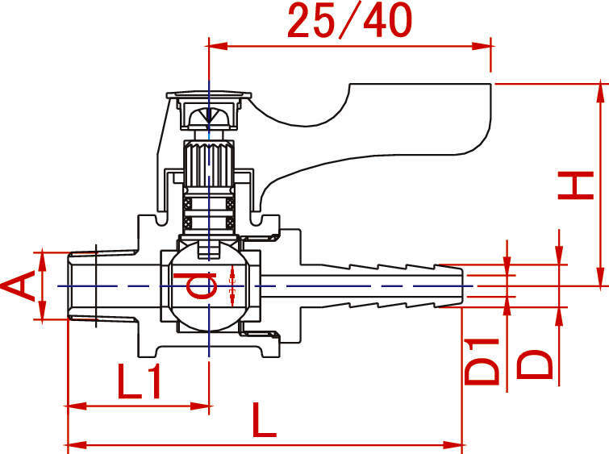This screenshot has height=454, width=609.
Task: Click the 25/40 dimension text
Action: (x=349, y=22)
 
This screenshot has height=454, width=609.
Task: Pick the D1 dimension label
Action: (x=483, y=360)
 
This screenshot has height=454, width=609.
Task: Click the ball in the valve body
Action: (x=208, y=287)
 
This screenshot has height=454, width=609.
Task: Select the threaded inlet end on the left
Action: (x=82, y=285)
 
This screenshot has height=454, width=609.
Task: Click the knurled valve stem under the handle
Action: (x=208, y=166)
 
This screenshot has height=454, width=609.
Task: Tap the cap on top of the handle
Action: (x=208, y=101)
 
